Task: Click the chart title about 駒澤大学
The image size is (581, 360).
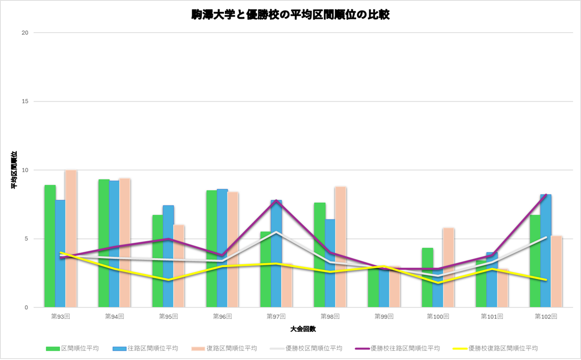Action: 290,15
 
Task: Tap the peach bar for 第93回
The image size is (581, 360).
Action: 71,239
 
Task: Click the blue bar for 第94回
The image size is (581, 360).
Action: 115,244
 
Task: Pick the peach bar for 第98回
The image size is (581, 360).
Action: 340,247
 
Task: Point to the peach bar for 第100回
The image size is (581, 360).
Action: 448,267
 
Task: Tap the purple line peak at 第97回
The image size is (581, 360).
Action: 276,200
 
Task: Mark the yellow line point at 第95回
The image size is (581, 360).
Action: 168,280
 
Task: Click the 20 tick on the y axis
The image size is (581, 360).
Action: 24,33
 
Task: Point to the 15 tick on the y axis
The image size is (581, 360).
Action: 24,101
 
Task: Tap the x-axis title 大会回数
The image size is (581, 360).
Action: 303,329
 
